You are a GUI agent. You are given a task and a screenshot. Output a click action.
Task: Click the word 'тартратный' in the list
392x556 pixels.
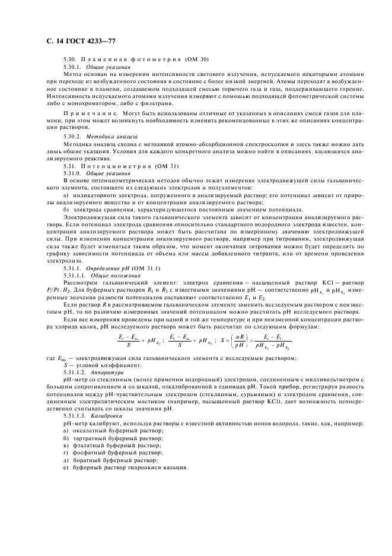coord(87,437)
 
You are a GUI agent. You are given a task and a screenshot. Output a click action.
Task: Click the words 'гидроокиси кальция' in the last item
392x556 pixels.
coord(160,467)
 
